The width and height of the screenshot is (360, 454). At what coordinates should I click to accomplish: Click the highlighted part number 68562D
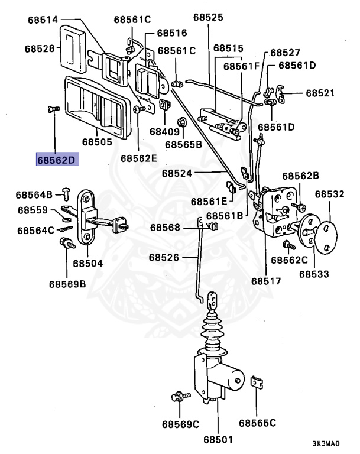click(57, 159)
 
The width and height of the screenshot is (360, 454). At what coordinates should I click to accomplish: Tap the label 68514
click(43, 20)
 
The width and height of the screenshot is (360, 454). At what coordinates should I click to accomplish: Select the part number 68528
click(40, 48)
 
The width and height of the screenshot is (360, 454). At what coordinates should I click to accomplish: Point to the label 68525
click(208, 17)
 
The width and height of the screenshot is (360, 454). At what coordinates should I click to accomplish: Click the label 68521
click(320, 93)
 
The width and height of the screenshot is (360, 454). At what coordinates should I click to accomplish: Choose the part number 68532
click(330, 194)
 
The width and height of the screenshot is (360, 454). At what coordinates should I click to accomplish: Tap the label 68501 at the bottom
click(218, 440)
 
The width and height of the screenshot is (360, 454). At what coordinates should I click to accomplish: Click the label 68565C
click(257, 423)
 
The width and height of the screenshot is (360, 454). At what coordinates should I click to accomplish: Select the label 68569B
click(67, 284)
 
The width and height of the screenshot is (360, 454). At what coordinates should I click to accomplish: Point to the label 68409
click(164, 132)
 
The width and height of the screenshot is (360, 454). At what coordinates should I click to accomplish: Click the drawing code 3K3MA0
click(326, 443)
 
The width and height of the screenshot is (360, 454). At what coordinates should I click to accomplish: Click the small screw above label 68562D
click(53, 109)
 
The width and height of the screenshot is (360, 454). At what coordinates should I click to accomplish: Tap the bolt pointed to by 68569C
click(181, 396)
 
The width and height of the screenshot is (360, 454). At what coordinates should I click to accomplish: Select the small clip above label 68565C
click(257, 382)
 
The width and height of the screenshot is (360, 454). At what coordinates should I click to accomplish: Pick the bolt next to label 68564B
click(66, 193)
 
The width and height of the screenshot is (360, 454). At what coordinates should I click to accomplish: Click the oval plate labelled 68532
click(326, 238)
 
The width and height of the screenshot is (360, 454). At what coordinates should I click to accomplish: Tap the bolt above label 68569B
click(67, 242)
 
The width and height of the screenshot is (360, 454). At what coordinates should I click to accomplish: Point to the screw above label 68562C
click(288, 245)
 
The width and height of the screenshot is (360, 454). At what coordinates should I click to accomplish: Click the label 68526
click(164, 257)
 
